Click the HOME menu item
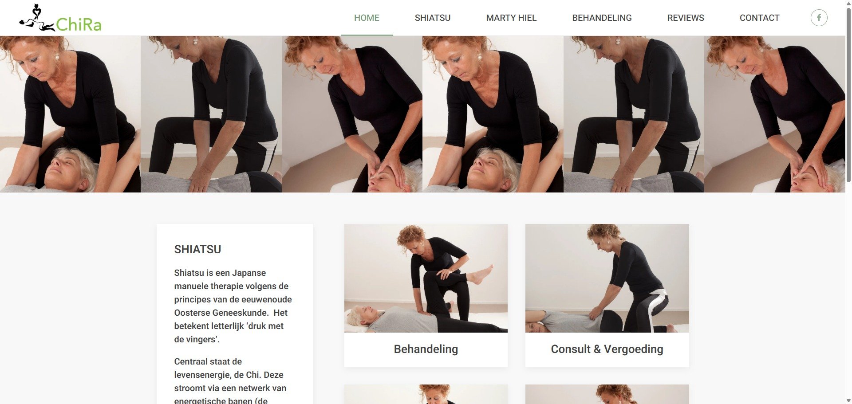(x=367, y=18)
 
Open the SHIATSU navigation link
(x=432, y=18)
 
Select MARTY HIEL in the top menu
(x=511, y=18)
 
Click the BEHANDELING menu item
(x=602, y=18)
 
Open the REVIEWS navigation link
(x=686, y=18)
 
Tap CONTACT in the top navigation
(x=759, y=18)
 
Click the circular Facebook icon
(x=819, y=18)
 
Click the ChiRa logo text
(x=79, y=24)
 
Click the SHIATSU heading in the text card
(x=197, y=249)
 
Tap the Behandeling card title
(x=426, y=349)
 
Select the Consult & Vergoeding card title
(x=607, y=349)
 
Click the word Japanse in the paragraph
(x=249, y=273)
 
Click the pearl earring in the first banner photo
(x=56, y=57)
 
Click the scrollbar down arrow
(x=848, y=400)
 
